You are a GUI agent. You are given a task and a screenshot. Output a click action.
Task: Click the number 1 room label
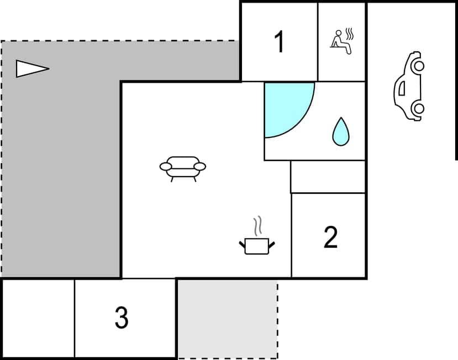coord(280,42)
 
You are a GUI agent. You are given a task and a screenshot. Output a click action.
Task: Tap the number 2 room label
coord(330,237)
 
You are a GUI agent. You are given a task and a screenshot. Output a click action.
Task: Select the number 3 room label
coord(122,317)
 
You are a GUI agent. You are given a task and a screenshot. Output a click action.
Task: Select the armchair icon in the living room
coord(182,167)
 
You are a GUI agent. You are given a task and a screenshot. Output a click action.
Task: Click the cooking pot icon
coord(256,245)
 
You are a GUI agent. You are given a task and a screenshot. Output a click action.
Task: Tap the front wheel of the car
coord(418,66)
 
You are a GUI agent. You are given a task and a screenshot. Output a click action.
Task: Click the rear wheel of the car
coord(418,108)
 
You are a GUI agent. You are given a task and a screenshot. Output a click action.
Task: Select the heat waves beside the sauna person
coord(349,35)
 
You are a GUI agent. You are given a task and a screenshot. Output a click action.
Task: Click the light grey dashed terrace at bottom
coord(227,319)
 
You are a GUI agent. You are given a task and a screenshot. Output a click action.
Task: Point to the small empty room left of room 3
coord(38,318)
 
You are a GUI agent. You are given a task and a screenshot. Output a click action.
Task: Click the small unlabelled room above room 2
coord(328,177)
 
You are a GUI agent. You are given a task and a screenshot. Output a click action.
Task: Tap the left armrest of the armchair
coord(166,166)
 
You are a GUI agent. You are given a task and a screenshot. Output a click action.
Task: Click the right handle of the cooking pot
coord(271,243)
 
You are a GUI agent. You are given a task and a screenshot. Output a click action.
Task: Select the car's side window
coord(401,87)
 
